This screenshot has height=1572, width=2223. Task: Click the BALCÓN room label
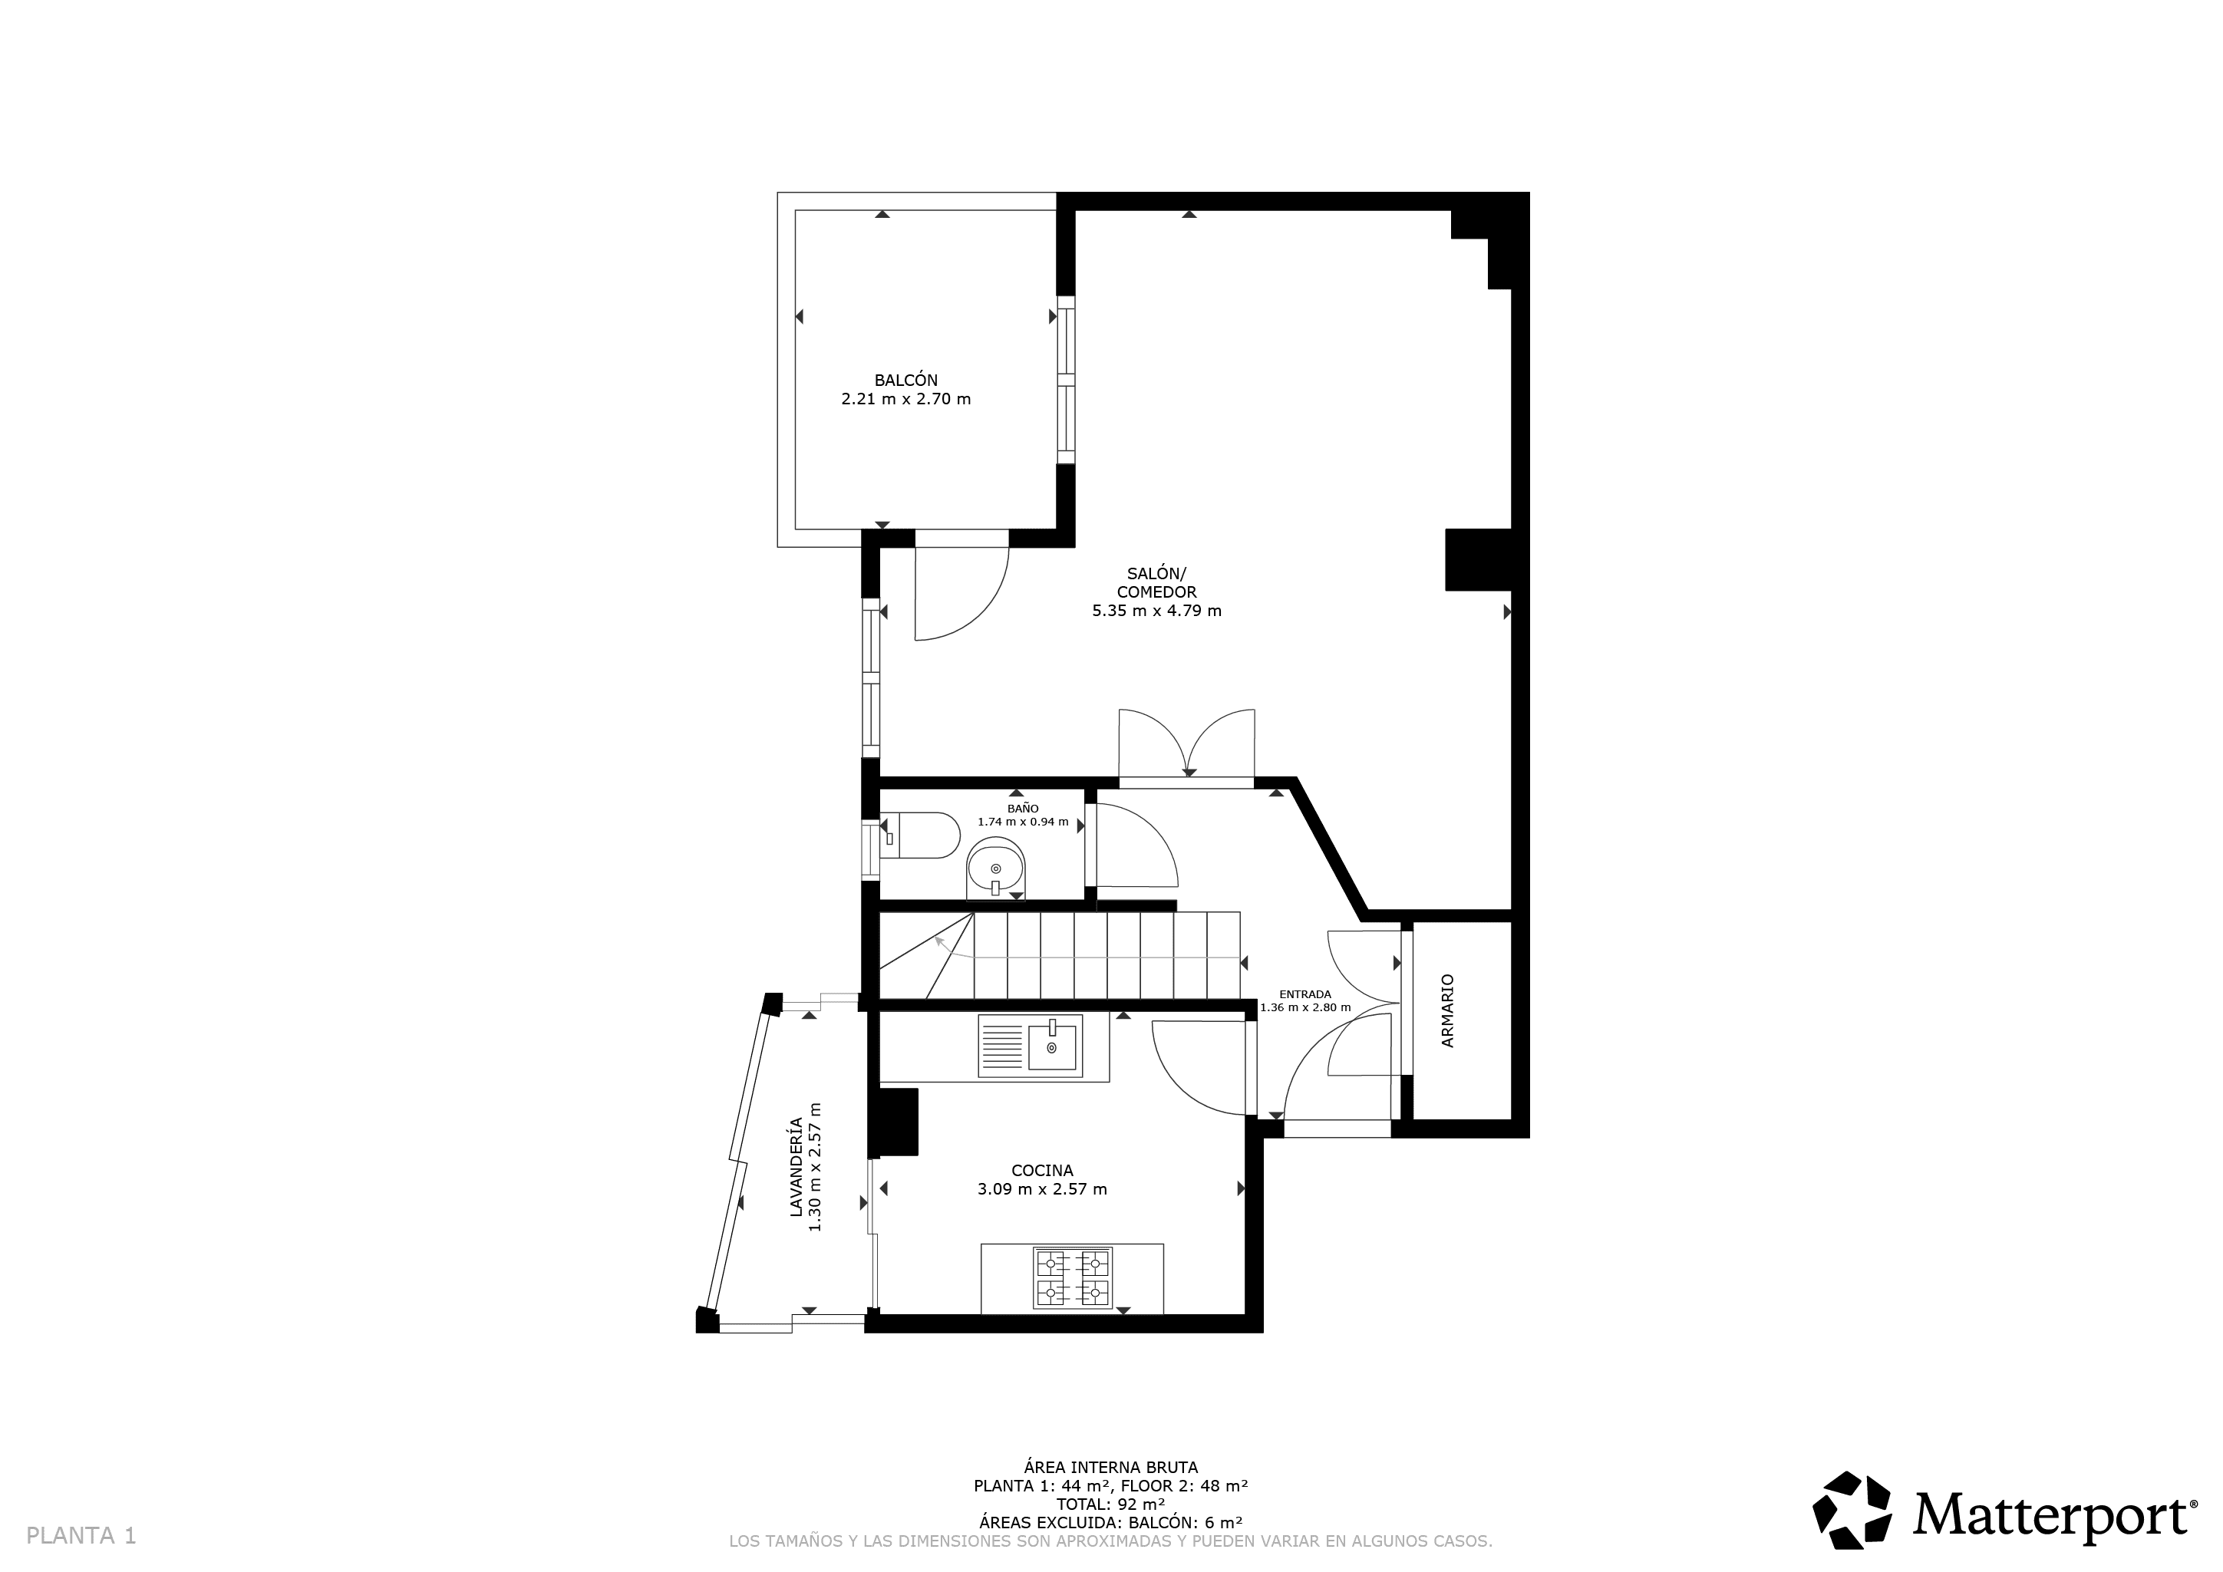tap(905, 381)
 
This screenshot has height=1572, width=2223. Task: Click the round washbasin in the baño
tap(995, 868)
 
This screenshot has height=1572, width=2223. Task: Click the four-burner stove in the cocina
tap(1072, 1277)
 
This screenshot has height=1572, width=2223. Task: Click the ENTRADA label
tap(1305, 994)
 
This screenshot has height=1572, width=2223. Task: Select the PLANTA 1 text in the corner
tap(81, 1535)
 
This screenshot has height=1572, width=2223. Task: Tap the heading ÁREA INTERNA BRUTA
tap(1110, 1468)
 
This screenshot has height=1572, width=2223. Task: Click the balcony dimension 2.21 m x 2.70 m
tap(906, 399)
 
